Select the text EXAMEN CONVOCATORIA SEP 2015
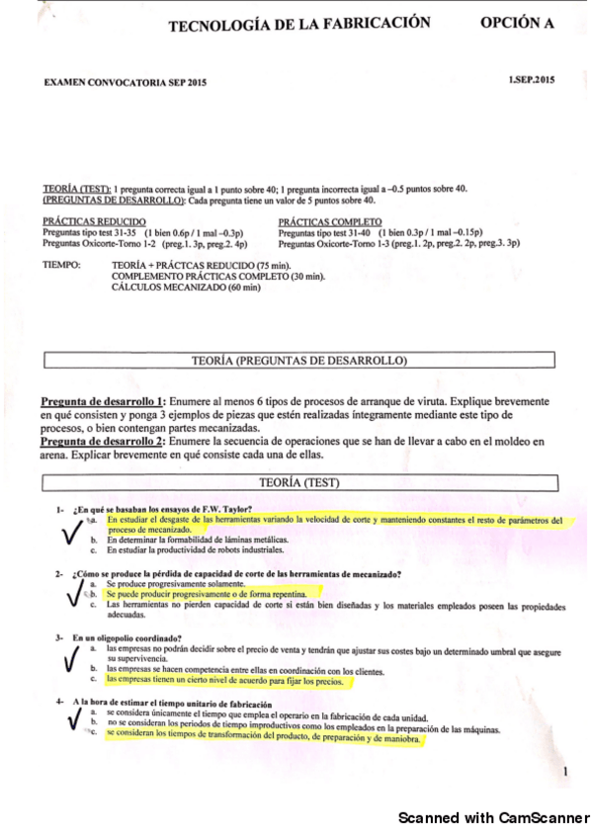(x=126, y=84)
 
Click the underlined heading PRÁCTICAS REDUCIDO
(x=95, y=221)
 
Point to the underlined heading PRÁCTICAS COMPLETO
(x=330, y=221)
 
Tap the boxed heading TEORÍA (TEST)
(x=298, y=482)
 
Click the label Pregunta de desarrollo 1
(x=103, y=403)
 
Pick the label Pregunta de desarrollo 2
(x=103, y=442)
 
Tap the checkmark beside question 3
(x=72, y=659)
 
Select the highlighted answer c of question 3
(x=224, y=681)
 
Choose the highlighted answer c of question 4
(x=263, y=738)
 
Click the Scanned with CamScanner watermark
(x=492, y=818)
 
